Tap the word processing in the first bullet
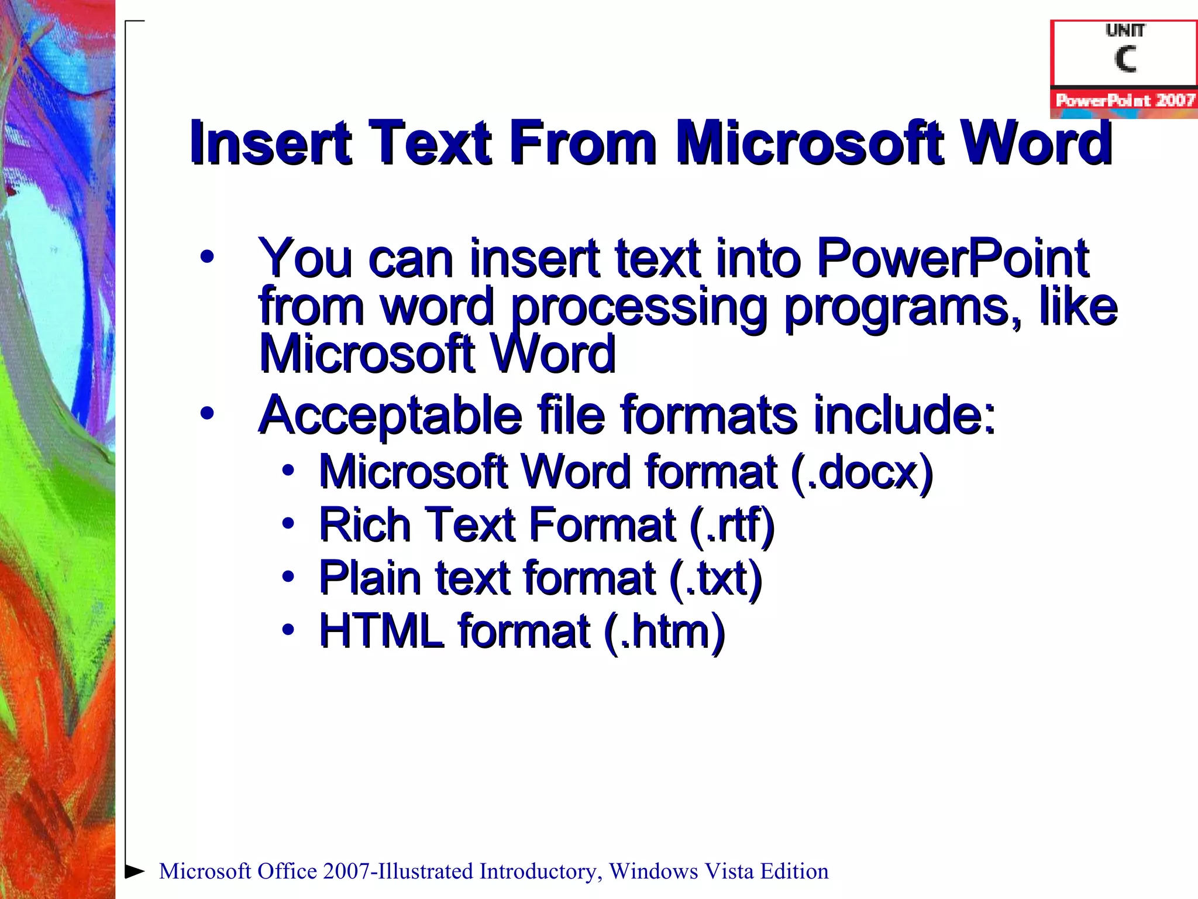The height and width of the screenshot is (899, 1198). point(639,307)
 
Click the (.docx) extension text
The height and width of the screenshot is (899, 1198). point(861,472)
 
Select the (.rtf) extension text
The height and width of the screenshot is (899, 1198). point(732,525)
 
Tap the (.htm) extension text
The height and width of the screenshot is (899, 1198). point(665,632)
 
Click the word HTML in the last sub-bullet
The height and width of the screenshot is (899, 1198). point(381,631)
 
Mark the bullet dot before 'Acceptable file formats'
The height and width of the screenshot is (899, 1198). point(207,413)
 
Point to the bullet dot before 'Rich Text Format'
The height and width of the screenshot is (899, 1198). point(288,523)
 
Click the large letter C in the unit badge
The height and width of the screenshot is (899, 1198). point(1125,59)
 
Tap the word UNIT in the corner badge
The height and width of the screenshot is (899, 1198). point(1125,30)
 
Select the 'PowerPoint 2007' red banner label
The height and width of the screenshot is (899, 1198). point(1125,100)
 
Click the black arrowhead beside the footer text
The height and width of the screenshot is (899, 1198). point(135,871)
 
